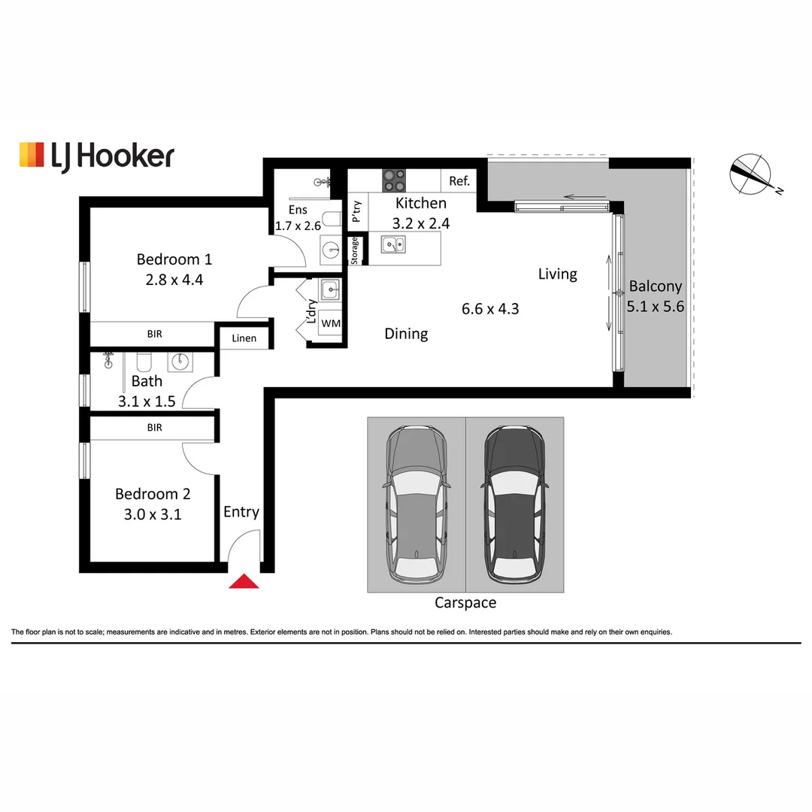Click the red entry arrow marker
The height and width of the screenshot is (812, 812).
pyautogui.click(x=243, y=581)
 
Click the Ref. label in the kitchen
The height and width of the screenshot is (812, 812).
pyautogui.click(x=459, y=181)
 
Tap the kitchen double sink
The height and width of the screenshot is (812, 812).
pyautogui.click(x=392, y=244)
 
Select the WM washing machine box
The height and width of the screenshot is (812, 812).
pyautogui.click(x=330, y=323)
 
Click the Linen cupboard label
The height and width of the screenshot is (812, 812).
pyautogui.click(x=244, y=338)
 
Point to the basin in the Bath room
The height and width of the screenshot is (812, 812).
pyautogui.click(x=180, y=362)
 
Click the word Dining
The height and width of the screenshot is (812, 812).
pyautogui.click(x=406, y=334)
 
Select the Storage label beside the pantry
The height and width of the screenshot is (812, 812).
pyautogui.click(x=354, y=250)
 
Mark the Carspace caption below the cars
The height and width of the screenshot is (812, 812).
pyautogui.click(x=465, y=603)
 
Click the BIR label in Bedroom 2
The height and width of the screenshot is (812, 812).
pyautogui.click(x=154, y=428)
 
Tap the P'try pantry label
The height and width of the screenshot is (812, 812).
pyautogui.click(x=357, y=211)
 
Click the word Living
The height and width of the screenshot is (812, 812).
pyautogui.click(x=557, y=274)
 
